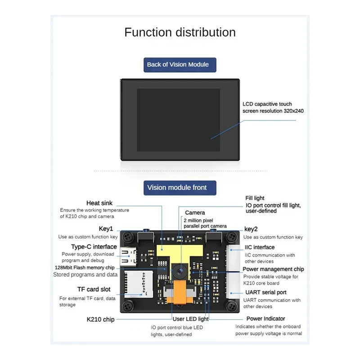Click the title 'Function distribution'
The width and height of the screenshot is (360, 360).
(180, 32)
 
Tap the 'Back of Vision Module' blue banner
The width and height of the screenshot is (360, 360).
(178, 64)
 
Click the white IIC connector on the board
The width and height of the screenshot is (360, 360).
(235, 259)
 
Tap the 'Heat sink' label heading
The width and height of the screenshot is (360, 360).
(99, 203)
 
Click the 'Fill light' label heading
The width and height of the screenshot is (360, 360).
(255, 198)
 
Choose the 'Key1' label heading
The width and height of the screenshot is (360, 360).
(106, 229)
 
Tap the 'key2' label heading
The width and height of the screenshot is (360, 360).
(251, 229)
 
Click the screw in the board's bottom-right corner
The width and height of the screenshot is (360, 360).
(231, 305)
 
